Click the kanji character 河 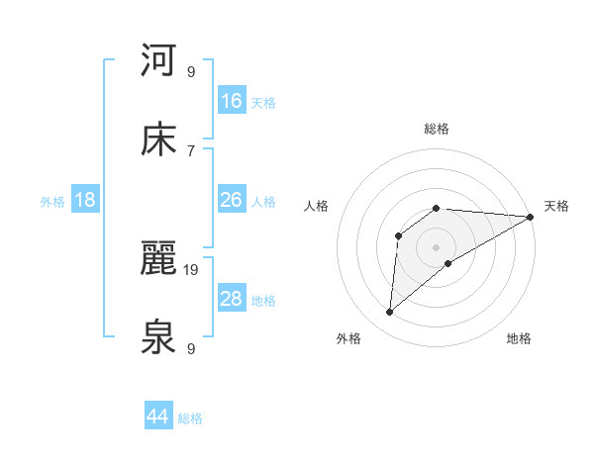(158, 60)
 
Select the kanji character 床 (158, 139)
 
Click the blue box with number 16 (232, 101)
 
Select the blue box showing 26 (232, 200)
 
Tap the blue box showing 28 (232, 299)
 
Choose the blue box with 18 (85, 200)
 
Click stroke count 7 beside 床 (191, 150)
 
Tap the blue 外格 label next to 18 (52, 201)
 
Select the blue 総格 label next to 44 (190, 418)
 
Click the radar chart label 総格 (437, 129)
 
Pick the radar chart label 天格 (556, 206)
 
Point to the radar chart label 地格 (519, 339)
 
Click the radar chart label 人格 (317, 206)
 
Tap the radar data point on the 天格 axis (531, 217)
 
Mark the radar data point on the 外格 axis (390, 313)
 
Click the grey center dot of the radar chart (437, 246)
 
